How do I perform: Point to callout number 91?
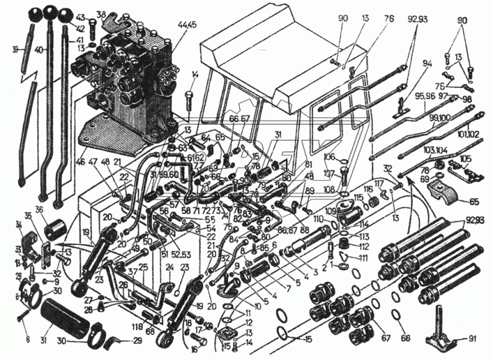[x=472, y=338]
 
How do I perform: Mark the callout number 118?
[x=137, y=328]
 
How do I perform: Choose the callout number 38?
[x=101, y=15]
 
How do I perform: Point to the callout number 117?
[x=379, y=183]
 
